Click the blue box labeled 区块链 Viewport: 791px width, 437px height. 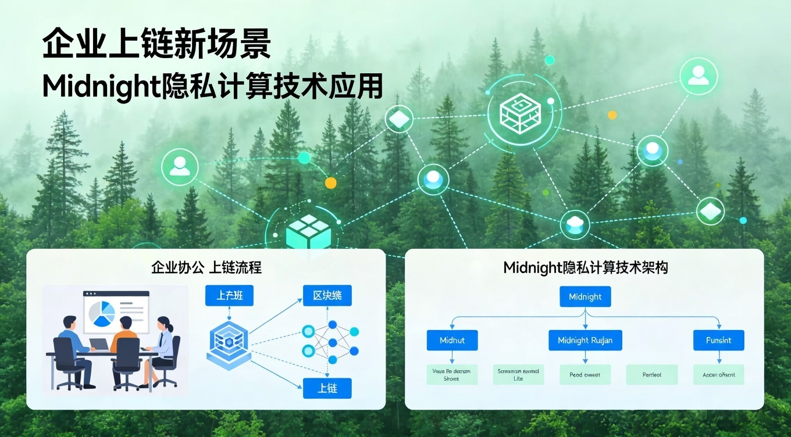327,295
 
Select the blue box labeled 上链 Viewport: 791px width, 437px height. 327,388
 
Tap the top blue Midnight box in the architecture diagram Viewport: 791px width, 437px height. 585,296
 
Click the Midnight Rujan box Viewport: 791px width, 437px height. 585,340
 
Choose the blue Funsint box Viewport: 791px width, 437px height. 718,340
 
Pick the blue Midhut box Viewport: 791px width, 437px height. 452,340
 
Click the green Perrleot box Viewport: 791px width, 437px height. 652,375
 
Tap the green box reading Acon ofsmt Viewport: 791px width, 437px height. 718,375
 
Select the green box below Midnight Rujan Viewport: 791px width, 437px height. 585,375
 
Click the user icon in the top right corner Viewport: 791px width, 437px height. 699,76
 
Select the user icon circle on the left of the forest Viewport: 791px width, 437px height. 180,167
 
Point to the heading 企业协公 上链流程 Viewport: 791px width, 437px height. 206,267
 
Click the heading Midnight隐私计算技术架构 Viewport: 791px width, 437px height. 585,267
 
